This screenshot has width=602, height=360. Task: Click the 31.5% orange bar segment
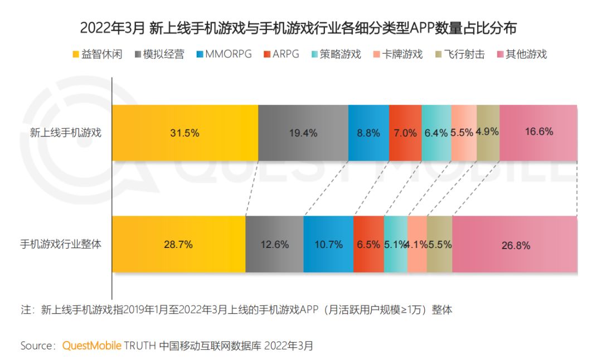click(185, 133)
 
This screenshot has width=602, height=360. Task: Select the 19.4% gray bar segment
click(303, 133)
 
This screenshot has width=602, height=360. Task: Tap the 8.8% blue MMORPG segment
click(368, 133)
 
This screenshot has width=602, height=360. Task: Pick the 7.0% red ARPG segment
click(405, 133)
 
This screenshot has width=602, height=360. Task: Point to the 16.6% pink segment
click(538, 133)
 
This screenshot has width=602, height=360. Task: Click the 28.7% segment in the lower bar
click(178, 244)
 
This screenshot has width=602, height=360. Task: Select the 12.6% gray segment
click(274, 244)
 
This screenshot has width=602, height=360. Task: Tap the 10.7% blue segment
click(328, 244)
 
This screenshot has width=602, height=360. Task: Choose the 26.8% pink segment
click(515, 244)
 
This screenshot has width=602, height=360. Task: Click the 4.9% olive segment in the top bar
click(488, 133)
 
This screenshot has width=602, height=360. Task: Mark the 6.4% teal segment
click(436, 133)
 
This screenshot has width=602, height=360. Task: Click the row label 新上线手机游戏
click(66, 133)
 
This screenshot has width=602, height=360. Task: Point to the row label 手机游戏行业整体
click(61, 244)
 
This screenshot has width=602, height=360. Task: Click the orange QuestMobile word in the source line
click(91, 346)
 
